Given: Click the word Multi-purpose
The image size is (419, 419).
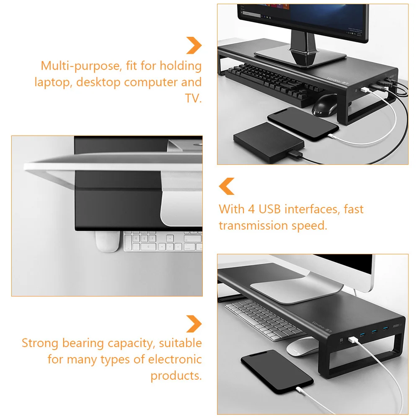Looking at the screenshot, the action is (81, 66).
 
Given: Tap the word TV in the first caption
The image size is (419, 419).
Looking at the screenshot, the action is (192, 98).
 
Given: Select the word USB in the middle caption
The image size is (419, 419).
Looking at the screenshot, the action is (269, 209).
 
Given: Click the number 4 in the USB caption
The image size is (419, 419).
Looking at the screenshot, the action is (251, 209).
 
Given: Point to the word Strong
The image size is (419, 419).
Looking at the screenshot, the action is (40, 344).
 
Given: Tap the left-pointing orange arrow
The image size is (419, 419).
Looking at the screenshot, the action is (227, 186).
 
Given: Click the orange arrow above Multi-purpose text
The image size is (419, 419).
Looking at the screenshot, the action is (194, 45).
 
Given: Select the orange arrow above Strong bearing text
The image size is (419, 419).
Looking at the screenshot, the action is (194, 324).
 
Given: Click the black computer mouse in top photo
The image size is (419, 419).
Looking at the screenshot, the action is (325, 105).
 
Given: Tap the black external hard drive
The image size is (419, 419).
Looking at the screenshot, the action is (269, 142).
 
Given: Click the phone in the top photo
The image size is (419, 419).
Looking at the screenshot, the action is (303, 124).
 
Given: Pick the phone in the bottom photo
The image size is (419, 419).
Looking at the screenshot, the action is (277, 372).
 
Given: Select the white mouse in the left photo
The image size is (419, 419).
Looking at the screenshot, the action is (108, 241).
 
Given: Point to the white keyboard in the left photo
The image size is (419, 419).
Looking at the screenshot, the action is (163, 241).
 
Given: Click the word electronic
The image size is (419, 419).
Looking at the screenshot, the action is (175, 360).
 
